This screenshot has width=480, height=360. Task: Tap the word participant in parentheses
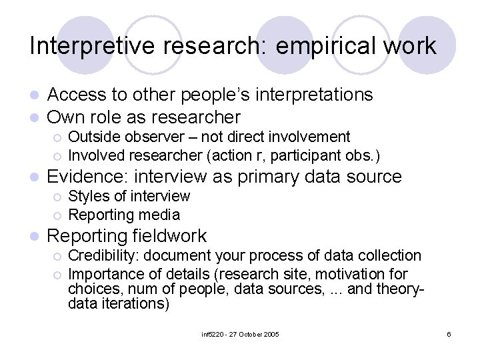pos(297,156)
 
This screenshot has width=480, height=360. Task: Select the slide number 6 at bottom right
pos(449,334)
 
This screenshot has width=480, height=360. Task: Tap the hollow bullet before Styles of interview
pos(57,197)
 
